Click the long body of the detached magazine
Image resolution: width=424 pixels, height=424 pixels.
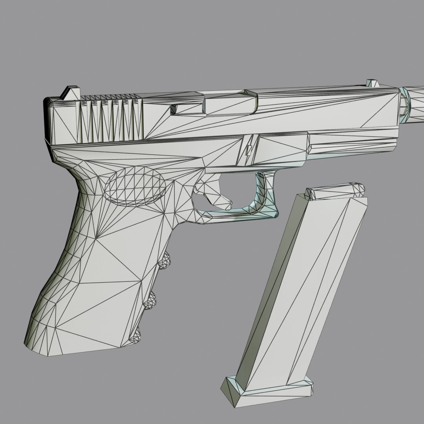click(x=298, y=291)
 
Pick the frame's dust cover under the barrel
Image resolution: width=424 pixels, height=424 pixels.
click(x=345, y=143)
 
